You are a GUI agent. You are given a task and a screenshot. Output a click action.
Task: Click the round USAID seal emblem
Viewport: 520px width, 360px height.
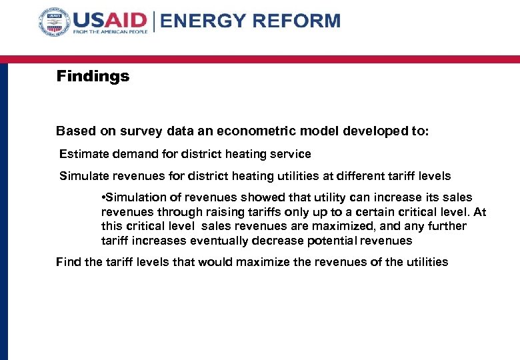pos(54,24)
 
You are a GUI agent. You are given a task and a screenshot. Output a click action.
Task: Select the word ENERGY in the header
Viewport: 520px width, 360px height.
pos(203,21)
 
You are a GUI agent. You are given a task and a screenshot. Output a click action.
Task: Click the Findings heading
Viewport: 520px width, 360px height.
pos(93,76)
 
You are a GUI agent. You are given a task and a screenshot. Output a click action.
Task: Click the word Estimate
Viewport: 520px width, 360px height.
pos(82,154)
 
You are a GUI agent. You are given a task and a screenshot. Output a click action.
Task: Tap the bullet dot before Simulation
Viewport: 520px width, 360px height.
pos(103,197)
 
